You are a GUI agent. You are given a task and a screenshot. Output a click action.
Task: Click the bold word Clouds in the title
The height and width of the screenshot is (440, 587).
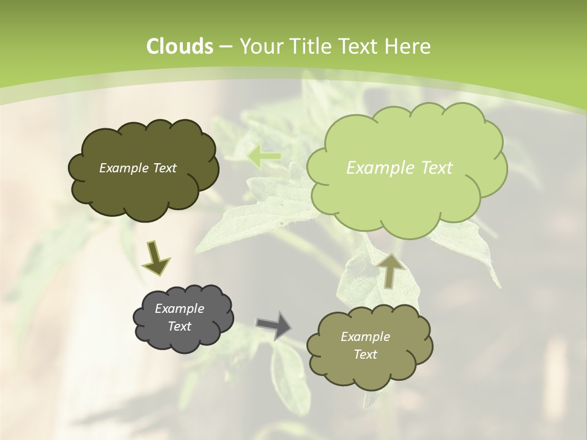click(x=180, y=46)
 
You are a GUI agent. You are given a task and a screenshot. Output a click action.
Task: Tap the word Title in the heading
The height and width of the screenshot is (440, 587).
click(x=310, y=46)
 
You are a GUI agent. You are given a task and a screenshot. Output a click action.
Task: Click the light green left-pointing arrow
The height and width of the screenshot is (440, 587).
click(x=265, y=157)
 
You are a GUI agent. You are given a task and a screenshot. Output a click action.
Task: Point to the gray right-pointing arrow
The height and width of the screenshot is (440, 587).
click(x=274, y=324)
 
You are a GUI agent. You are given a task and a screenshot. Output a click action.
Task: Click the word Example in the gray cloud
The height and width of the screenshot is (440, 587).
click(x=179, y=309)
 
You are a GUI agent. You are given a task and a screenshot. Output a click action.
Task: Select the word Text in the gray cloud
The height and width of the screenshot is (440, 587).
click(x=179, y=326)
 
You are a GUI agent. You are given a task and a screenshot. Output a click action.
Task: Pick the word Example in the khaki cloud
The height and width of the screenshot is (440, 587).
click(x=365, y=337)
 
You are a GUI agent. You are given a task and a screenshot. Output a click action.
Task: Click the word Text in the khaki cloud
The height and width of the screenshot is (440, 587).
click(x=365, y=354)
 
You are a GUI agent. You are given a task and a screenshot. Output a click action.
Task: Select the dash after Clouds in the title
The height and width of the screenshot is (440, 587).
click(x=225, y=46)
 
